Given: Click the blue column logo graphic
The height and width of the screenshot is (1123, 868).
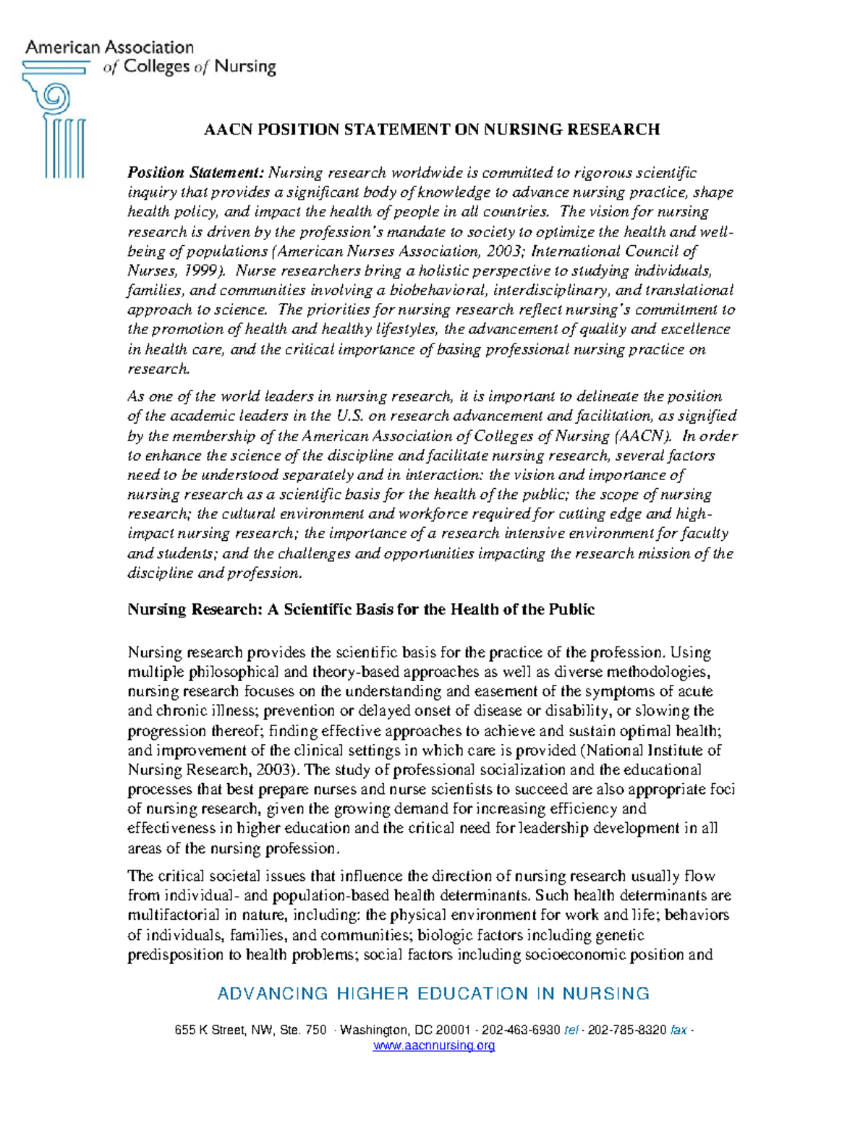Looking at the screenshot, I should (55, 119).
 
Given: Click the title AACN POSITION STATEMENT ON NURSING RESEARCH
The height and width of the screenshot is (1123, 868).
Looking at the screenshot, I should (432, 129).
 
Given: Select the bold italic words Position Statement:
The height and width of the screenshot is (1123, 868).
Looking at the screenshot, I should (196, 173).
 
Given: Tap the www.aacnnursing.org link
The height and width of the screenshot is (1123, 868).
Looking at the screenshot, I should (433, 1046).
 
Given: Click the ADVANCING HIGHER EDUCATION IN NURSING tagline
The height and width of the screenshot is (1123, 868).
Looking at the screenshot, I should (433, 994).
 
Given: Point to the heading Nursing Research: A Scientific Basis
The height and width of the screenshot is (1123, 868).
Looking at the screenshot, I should (360, 609).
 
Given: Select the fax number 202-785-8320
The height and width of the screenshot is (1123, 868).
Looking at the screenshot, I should (627, 1030).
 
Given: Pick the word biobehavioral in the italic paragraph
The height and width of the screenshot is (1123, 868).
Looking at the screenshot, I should (439, 291).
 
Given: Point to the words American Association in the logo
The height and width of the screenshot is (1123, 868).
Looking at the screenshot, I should (110, 48).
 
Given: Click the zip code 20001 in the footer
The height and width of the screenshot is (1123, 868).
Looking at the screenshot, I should (453, 1030).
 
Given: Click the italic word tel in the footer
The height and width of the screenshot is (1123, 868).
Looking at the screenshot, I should (571, 1030).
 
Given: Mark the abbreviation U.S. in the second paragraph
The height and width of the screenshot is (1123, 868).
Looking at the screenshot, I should (350, 416).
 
